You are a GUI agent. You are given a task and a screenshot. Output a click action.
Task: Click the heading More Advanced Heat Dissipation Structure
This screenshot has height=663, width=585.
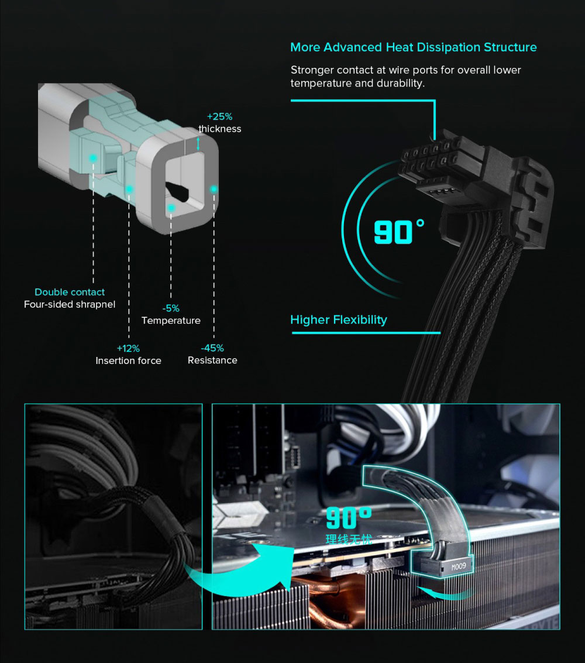click(414, 47)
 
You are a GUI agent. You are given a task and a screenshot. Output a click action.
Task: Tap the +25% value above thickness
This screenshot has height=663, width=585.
click(220, 116)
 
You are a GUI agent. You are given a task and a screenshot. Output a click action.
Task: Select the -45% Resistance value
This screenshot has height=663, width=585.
click(212, 348)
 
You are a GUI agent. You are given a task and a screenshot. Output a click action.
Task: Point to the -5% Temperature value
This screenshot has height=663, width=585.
click(171, 308)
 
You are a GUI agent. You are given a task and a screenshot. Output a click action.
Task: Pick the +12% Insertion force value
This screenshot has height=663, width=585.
click(128, 348)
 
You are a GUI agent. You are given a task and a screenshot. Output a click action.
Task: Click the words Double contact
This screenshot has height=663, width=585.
click(70, 292)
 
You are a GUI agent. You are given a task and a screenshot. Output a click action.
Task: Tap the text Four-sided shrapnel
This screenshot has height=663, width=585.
click(70, 304)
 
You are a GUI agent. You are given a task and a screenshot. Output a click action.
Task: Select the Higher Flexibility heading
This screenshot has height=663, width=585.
click(339, 320)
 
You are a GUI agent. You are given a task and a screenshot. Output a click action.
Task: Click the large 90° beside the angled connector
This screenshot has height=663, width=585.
click(399, 232)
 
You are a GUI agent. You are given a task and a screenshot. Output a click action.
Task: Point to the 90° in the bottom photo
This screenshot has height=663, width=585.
click(349, 518)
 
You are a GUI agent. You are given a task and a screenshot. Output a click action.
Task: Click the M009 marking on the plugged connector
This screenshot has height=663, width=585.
click(459, 566)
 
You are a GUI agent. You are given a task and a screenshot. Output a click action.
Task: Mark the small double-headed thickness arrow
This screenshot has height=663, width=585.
click(198, 144)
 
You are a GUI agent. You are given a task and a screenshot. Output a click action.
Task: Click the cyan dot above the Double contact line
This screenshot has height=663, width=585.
click(93, 158)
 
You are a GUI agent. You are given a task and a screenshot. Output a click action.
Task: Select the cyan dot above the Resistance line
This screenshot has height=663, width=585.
click(214, 189)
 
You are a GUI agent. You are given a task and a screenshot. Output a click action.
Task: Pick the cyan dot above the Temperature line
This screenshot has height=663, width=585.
click(171, 208)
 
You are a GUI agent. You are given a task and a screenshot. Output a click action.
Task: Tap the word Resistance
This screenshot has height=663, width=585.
click(212, 360)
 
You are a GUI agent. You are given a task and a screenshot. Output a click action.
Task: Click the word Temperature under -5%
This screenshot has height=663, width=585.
click(171, 321)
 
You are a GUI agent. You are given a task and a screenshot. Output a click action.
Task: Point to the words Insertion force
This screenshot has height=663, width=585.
click(128, 360)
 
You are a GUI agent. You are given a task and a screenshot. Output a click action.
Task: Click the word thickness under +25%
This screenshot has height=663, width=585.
click(220, 129)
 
